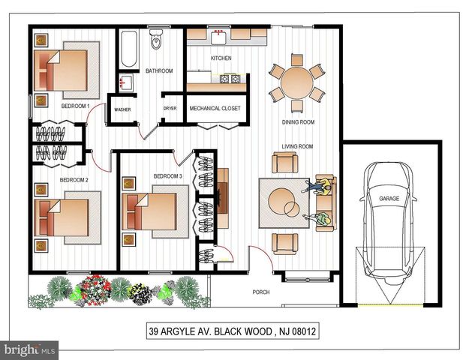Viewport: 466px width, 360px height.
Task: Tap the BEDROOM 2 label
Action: tap(74, 181)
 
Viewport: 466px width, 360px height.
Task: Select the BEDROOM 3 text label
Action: tap(167, 176)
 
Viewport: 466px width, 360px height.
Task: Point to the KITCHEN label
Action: tap(221, 58)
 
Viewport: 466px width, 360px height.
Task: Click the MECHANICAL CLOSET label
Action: tap(215, 109)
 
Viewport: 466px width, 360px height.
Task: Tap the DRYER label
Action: tap(170, 109)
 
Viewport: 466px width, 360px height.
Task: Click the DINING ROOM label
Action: tap(297, 122)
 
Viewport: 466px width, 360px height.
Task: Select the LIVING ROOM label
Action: tap(297, 146)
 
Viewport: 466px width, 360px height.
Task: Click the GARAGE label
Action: tap(389, 199)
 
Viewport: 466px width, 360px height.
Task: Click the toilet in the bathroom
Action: tap(156, 40)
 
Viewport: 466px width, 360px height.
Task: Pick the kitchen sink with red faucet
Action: tap(220, 34)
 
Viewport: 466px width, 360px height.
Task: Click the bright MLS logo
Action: tap(29, 349)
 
